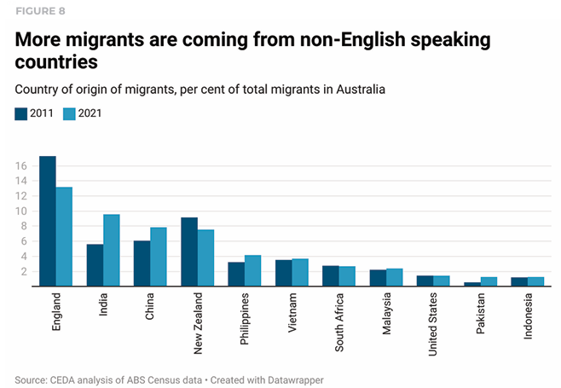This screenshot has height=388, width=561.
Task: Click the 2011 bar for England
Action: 48,222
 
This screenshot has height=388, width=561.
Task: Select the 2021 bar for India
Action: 111,251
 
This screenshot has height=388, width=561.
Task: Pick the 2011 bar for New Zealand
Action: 189,252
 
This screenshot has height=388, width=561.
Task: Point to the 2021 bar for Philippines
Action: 252,271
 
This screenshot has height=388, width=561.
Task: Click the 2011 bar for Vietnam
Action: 284,274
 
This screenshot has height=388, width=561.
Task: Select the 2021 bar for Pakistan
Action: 489,282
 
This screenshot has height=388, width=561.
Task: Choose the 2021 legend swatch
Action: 71,113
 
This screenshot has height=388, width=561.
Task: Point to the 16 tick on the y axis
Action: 21,165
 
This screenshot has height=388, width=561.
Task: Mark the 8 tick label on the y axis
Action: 24,226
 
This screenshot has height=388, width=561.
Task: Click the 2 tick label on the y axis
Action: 24,271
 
